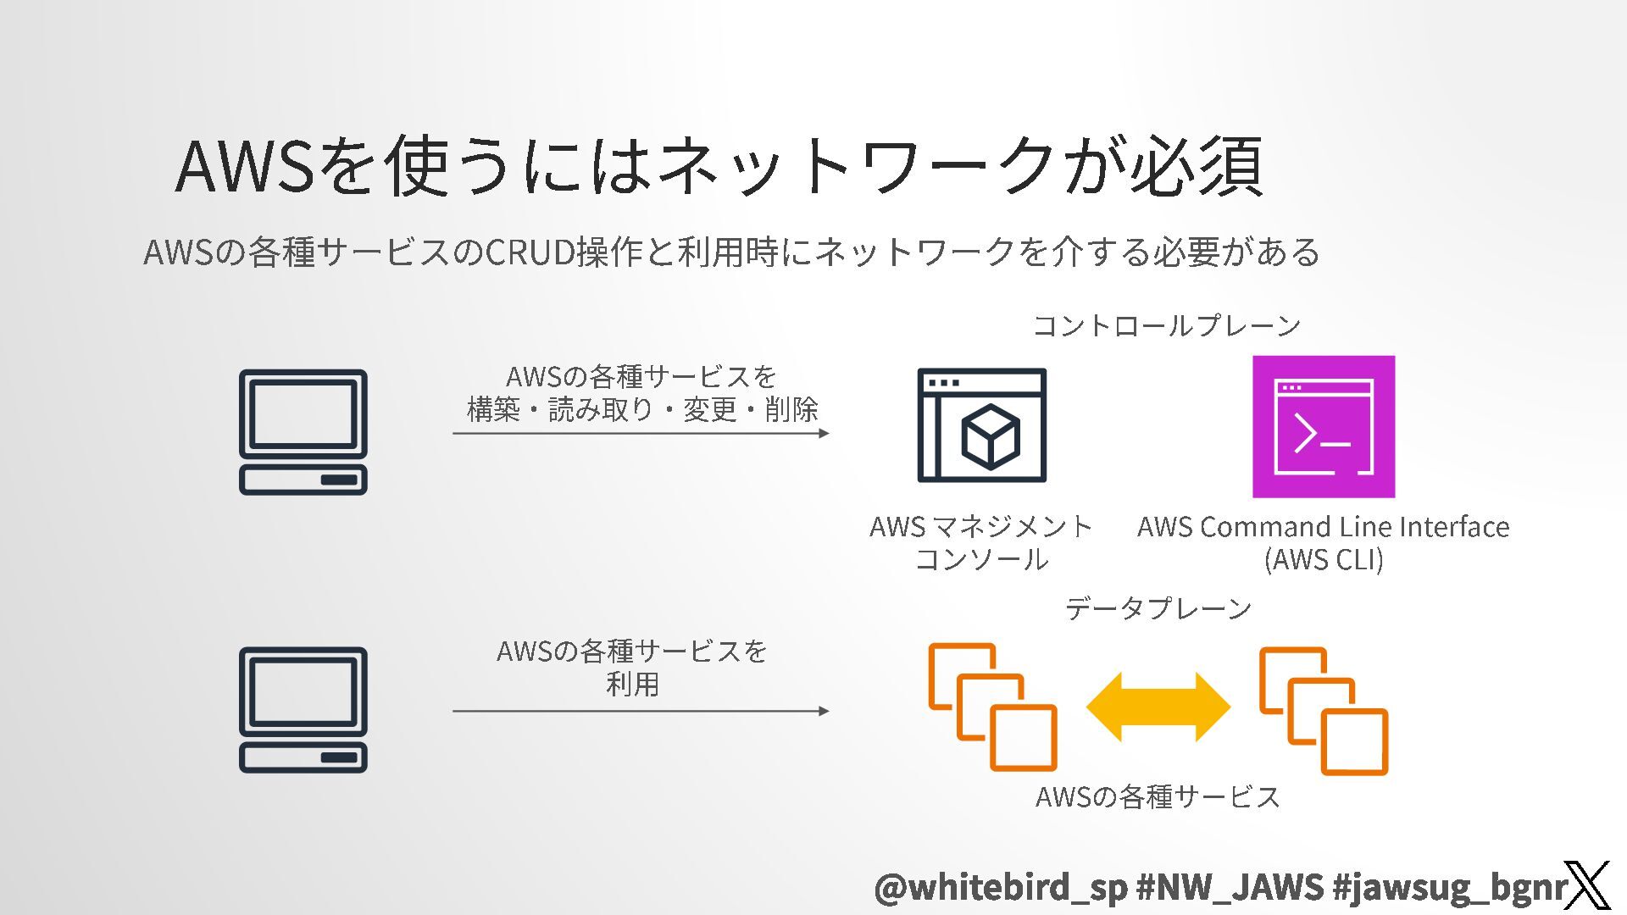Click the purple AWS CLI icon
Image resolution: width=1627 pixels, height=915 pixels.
coord(1323,426)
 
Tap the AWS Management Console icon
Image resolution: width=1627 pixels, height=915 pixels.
coord(981,425)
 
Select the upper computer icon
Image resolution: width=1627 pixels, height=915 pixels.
coord(303,431)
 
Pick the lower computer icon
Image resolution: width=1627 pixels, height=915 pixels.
coord(303,709)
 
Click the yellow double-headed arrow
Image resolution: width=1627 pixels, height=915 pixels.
coord(1158,707)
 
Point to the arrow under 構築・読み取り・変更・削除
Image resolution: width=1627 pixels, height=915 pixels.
coord(641,433)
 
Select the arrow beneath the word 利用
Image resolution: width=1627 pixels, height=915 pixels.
coord(641,711)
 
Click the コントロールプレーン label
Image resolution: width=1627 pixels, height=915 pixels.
coord(1166,325)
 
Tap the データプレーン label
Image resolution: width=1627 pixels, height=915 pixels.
coord(1158,608)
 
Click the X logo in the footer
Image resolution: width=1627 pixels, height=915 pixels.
coord(1586,885)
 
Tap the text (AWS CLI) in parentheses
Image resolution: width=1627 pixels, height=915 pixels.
coord(1323,560)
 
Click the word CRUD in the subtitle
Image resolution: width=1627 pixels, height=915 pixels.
coord(530,252)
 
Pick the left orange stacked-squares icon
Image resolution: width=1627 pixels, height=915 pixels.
coord(992,707)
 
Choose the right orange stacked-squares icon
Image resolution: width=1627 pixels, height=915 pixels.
coord(1323,710)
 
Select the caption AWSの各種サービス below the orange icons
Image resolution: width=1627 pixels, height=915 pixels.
coord(1158,796)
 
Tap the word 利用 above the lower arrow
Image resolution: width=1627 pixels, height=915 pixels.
coord(632,684)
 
